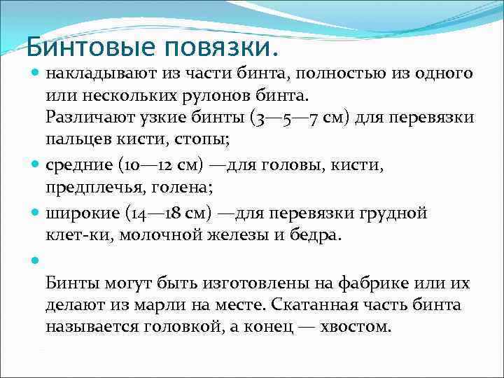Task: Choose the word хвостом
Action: tap(353, 326)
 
